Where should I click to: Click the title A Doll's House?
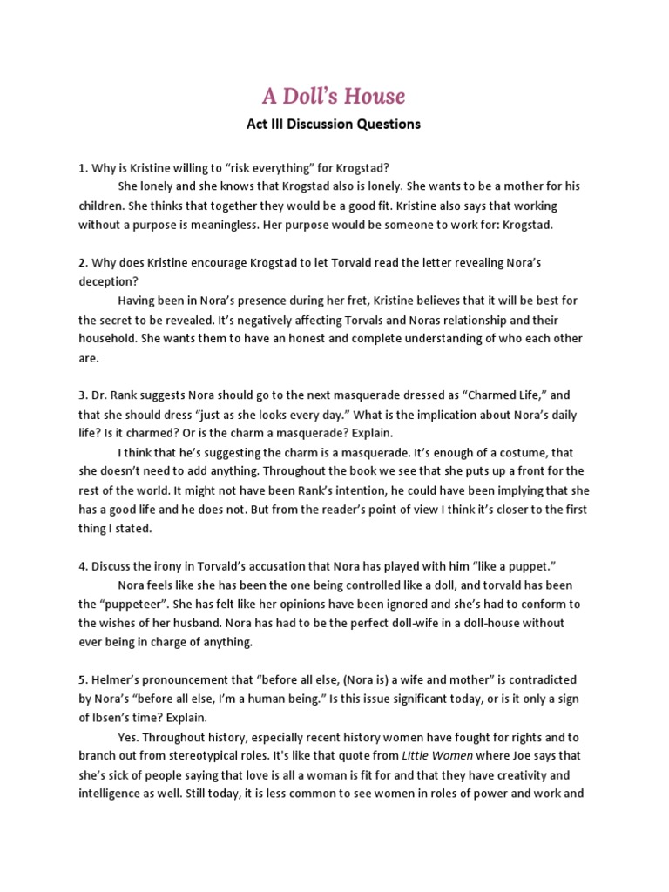click(x=334, y=95)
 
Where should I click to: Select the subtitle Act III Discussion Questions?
click(x=334, y=125)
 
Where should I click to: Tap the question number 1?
click(x=83, y=168)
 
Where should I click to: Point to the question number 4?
click(x=83, y=566)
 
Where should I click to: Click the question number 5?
click(x=83, y=679)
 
